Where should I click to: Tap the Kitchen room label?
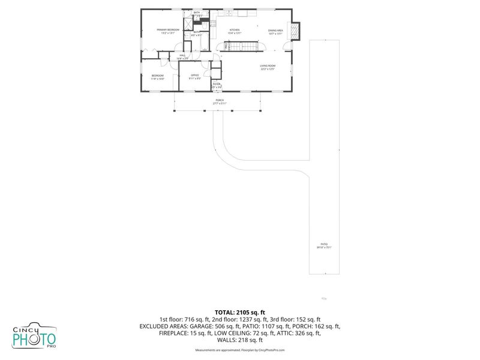pos(235,31)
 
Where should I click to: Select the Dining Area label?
pos(275,31)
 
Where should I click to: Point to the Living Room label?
pos(268,67)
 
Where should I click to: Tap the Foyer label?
pos(217,85)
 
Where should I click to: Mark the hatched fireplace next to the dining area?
pos(294,31)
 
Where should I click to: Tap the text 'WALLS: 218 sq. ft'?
pos(240,340)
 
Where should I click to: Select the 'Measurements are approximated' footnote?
pos(240,350)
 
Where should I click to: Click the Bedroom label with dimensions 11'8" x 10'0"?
pos(157,76)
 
